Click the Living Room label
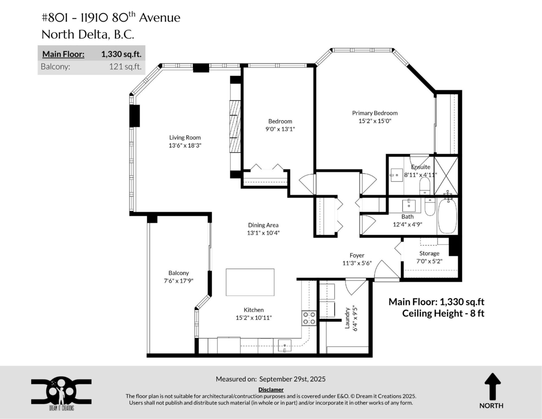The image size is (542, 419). tap(185, 137)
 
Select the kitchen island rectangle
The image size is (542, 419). tap(250, 282)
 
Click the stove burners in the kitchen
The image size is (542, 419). tap(309, 318)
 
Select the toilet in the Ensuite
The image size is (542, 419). tap(425, 185)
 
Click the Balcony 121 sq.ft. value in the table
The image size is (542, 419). tap(125, 67)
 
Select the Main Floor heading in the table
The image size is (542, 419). tap(63, 54)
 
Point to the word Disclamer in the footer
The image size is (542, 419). tap(271, 389)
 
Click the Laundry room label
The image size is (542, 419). tap(347, 318)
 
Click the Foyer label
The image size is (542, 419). tap(357, 255)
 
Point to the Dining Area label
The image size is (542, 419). tap(263, 225)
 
